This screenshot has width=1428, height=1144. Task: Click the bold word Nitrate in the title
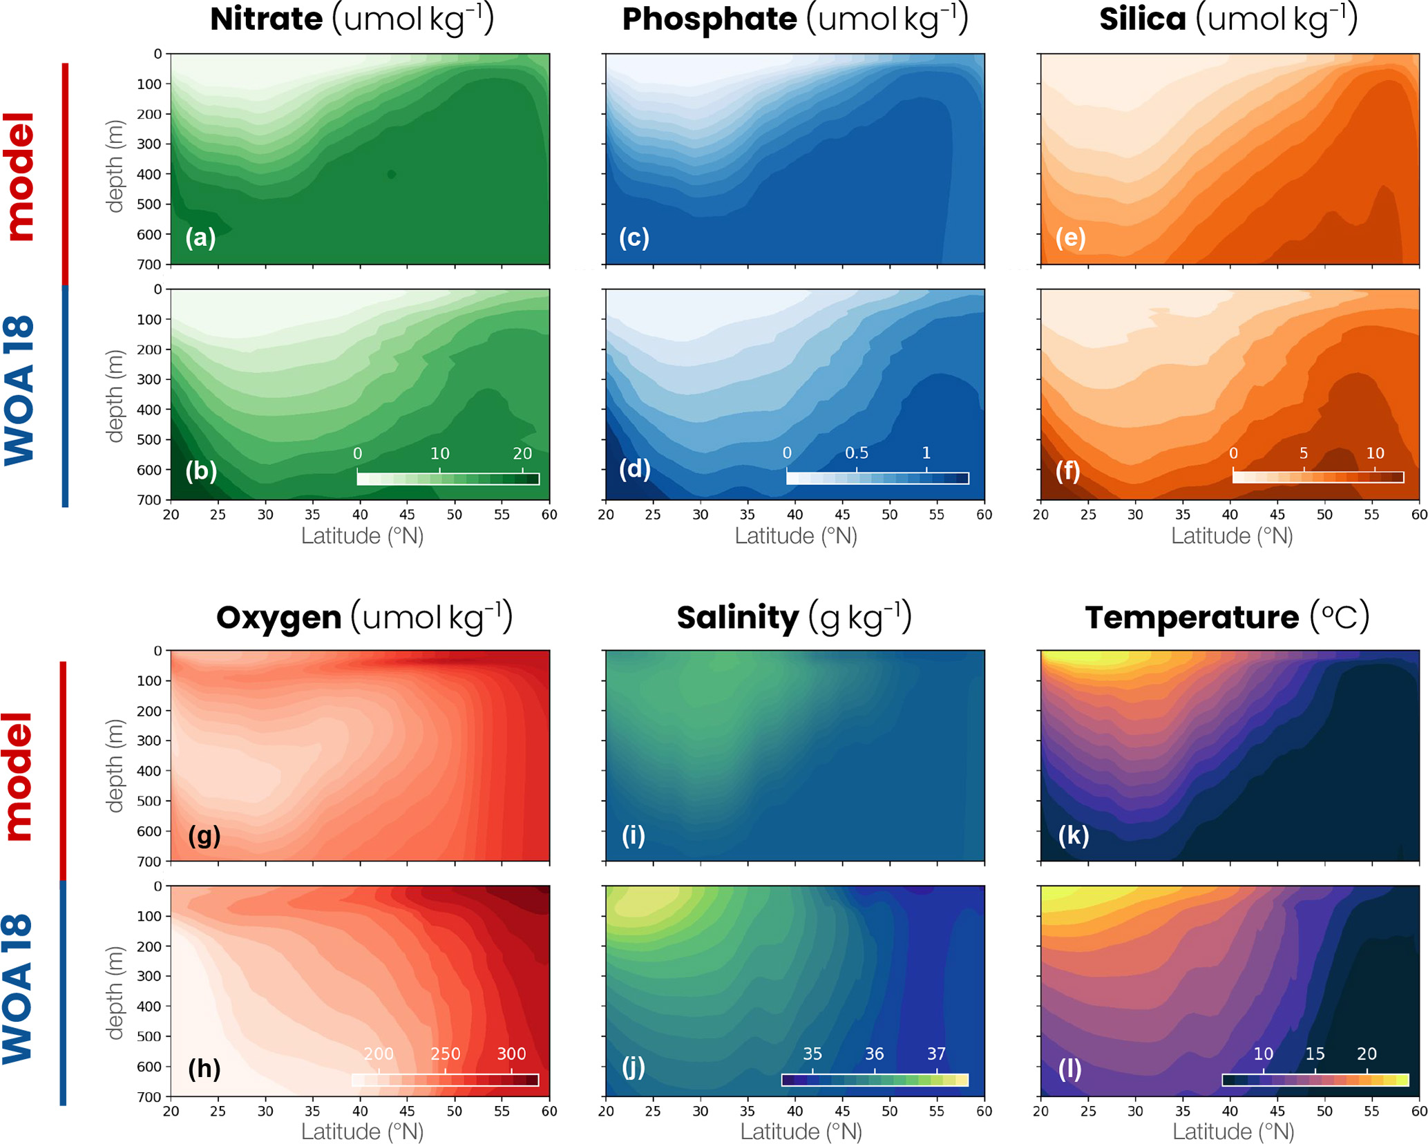(x=266, y=19)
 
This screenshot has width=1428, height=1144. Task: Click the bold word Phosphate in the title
(x=709, y=19)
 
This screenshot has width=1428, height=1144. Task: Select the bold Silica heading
(x=1142, y=19)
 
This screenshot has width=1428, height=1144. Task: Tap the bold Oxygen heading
(x=278, y=617)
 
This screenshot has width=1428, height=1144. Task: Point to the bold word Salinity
(x=737, y=617)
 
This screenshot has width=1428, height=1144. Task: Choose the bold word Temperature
(x=1191, y=617)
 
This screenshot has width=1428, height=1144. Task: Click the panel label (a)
(x=200, y=237)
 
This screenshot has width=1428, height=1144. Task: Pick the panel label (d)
(x=634, y=469)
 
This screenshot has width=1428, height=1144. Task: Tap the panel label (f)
(x=1068, y=470)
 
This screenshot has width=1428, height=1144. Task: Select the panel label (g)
(x=204, y=835)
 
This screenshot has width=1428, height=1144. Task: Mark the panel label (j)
(x=634, y=1067)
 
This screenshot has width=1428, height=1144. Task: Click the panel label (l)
(x=1069, y=1069)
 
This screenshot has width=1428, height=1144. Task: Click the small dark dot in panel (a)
(x=392, y=174)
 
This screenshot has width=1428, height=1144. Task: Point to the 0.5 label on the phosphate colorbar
(x=857, y=452)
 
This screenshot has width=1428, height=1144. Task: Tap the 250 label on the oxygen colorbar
(x=445, y=1054)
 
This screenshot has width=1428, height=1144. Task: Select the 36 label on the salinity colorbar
(x=874, y=1054)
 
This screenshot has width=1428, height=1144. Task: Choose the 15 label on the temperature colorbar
(x=1315, y=1054)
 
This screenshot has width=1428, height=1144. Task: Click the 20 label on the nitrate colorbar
(x=522, y=453)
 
